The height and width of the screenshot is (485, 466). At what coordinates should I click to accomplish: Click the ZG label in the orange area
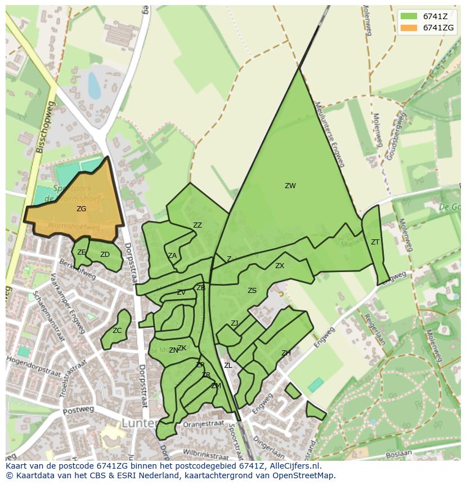82,209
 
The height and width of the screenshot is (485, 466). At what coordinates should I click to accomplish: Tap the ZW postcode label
290,186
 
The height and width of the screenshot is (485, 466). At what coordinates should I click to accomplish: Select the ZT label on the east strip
375,242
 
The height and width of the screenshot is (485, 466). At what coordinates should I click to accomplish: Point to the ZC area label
117,331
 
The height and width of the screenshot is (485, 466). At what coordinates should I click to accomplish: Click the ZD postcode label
105,255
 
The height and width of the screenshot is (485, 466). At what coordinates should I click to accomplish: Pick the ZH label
286,353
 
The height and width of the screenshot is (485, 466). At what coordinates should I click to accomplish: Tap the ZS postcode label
252,291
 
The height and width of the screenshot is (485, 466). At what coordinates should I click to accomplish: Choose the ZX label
280,266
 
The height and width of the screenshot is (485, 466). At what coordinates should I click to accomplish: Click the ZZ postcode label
198,225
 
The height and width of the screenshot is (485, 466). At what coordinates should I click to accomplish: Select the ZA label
172,256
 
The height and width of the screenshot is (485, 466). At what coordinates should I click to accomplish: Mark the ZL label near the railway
228,366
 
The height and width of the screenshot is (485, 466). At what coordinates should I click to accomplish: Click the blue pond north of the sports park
94,85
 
